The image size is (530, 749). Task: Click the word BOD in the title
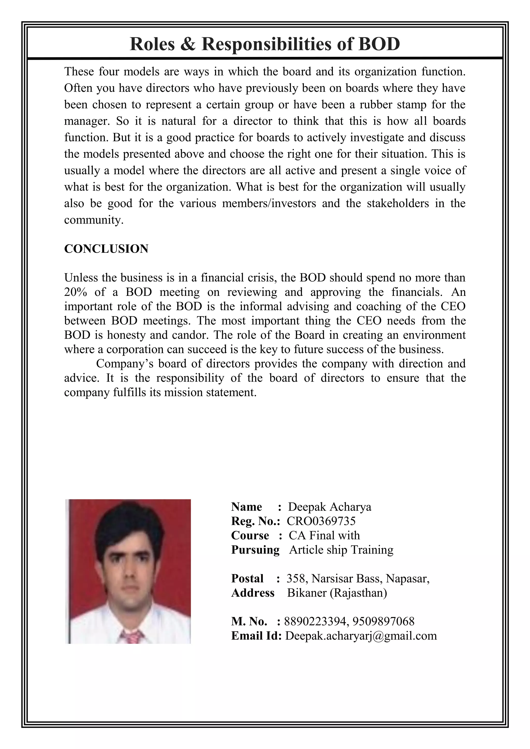pyautogui.click(x=379, y=44)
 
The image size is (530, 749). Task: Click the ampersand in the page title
pyautogui.click(x=188, y=44)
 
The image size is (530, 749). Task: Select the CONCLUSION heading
pyautogui.click(x=106, y=249)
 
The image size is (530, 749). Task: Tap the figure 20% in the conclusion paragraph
pyautogui.click(x=75, y=292)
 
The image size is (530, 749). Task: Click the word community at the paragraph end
pyautogui.click(x=93, y=220)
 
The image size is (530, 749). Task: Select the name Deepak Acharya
pyautogui.click(x=329, y=507)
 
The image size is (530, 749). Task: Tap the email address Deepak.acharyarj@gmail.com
pyautogui.click(x=360, y=636)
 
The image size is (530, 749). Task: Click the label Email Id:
pyautogui.click(x=256, y=636)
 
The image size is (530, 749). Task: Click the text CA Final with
pyautogui.click(x=324, y=536)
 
